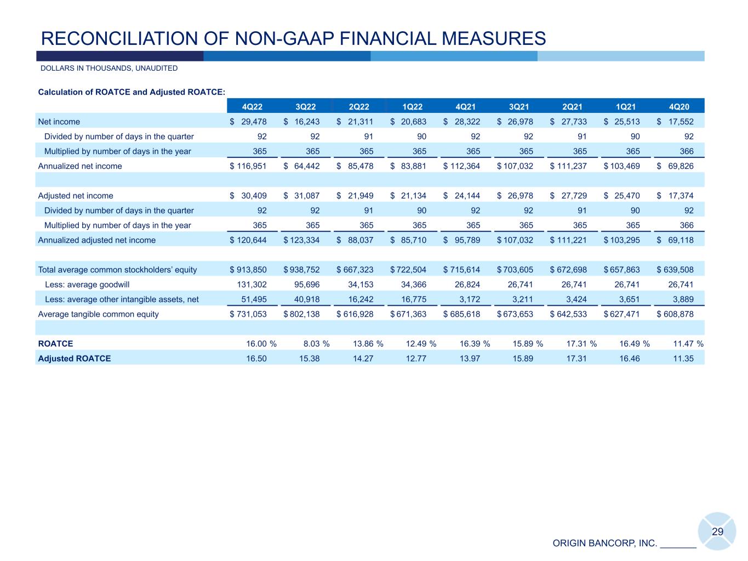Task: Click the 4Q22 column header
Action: (252, 107)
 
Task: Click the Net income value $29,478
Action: (248, 122)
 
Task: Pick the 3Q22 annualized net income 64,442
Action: (302, 166)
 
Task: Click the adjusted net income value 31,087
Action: (302, 196)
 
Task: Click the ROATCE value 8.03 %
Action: (316, 344)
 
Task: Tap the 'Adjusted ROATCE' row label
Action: (74, 358)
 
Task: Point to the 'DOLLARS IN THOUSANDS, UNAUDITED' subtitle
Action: (109, 68)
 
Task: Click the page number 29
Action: (717, 531)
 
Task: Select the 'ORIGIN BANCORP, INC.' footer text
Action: (605, 543)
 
